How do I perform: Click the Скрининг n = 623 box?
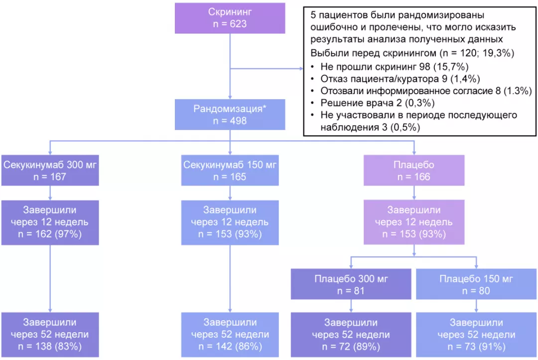(x=230, y=17)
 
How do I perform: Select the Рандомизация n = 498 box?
(x=230, y=115)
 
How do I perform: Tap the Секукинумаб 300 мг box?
(x=51, y=170)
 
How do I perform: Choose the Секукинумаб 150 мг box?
(x=230, y=170)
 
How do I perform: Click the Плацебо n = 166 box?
(x=414, y=170)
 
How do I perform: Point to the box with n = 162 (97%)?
(x=51, y=222)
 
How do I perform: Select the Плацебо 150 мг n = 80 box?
(x=477, y=285)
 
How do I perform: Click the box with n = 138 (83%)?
(x=51, y=335)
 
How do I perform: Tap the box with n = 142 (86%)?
(x=230, y=335)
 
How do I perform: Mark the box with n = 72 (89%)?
(x=351, y=335)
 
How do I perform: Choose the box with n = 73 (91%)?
(x=477, y=335)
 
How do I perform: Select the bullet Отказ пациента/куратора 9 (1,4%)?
(x=396, y=78)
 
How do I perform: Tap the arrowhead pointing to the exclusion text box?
(x=301, y=69)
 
